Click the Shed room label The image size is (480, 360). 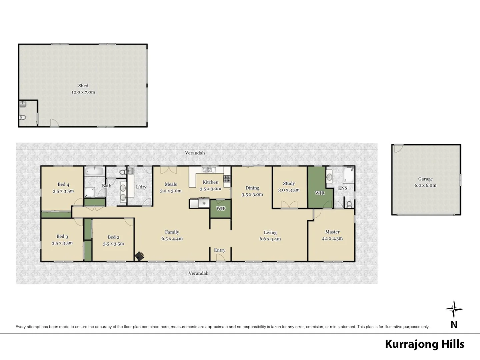(x=83, y=86)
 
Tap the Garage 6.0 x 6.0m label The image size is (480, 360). (x=425, y=182)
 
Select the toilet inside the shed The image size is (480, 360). (x=22, y=118)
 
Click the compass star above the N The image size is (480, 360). (x=454, y=309)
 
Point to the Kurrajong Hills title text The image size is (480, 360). (x=424, y=344)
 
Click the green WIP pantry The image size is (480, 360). (x=220, y=209)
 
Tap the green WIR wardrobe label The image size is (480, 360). (x=320, y=193)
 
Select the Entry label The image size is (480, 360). (x=220, y=250)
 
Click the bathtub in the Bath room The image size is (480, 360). (x=95, y=172)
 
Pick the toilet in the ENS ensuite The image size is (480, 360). (x=349, y=204)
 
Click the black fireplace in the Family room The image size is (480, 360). (x=140, y=256)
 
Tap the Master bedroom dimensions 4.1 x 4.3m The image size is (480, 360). (x=332, y=238)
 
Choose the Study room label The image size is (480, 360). (x=289, y=183)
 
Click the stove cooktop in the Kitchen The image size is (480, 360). (x=227, y=179)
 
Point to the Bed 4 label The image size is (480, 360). (x=63, y=184)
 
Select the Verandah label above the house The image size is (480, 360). (x=195, y=153)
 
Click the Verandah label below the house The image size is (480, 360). (x=198, y=273)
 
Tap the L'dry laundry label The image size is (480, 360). (x=141, y=187)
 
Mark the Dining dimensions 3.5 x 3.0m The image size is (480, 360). (x=252, y=194)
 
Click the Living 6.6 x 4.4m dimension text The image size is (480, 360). (x=270, y=239)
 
